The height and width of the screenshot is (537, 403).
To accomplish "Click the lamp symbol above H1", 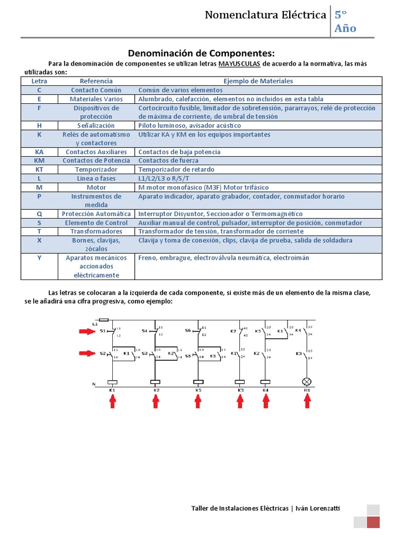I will point(307,382).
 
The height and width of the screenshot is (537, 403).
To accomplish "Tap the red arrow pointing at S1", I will point(85,331).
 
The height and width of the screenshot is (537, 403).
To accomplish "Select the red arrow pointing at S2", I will point(85,353).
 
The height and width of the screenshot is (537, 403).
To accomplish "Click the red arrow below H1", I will point(307,401).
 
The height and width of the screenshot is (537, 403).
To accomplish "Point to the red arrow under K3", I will point(240,401).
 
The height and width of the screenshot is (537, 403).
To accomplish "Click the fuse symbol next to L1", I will point(104,319).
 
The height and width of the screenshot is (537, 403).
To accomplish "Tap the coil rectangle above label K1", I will point(112,382).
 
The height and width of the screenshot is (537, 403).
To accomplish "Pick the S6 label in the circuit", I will point(188,331).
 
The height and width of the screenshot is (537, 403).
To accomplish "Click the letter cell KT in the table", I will point(39,169).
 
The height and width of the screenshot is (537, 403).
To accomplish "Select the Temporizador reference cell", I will point(96,169).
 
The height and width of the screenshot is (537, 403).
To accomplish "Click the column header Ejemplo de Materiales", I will point(258,81).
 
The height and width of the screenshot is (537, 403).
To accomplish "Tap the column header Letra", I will point(39,81).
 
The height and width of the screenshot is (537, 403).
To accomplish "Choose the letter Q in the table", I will point(39,214).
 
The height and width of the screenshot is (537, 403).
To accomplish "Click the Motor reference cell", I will point(96,187).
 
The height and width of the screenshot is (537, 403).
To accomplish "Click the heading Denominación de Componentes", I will point(201,53).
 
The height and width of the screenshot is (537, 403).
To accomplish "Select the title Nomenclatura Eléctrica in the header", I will point(266,15).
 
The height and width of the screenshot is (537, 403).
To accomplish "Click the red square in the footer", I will point(373,522).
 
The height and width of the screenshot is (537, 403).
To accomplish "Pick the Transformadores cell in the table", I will point(96,231).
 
